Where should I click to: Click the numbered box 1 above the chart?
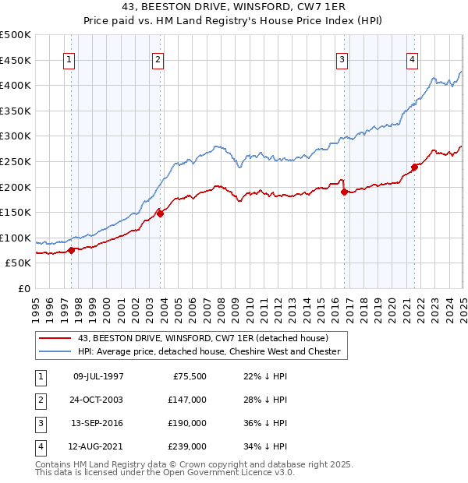tap(69, 60)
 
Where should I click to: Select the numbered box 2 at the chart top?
tap(158, 60)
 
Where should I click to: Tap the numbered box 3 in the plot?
tap(342, 60)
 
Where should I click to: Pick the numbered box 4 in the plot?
tap(412, 60)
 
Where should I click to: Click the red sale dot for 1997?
tap(71, 250)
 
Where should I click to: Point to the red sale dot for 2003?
tap(160, 213)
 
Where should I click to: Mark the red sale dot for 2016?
tap(344, 192)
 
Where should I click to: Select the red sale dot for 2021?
tap(414, 167)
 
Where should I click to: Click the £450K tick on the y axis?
tap(15, 60)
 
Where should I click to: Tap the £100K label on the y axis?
tap(15, 238)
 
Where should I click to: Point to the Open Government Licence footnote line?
tap(165, 472)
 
